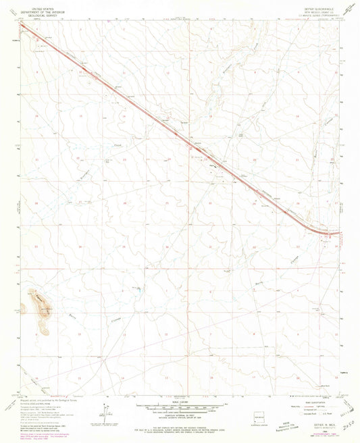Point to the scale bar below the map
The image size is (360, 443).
click(x=179, y=409)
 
